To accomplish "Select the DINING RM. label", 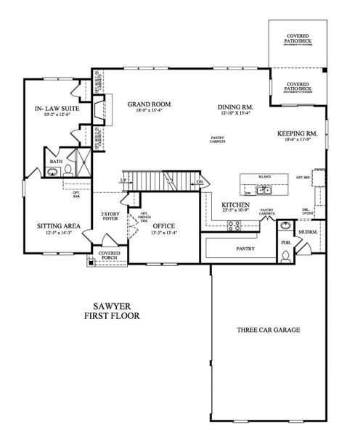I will [x=234, y=108].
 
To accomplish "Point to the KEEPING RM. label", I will [x=298, y=133].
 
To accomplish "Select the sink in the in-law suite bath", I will [x=52, y=173].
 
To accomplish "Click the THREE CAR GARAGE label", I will [x=267, y=329].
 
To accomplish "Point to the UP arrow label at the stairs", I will [x=123, y=180].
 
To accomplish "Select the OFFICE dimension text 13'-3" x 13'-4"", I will [x=163, y=234].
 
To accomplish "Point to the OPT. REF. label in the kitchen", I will [x=303, y=177].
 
